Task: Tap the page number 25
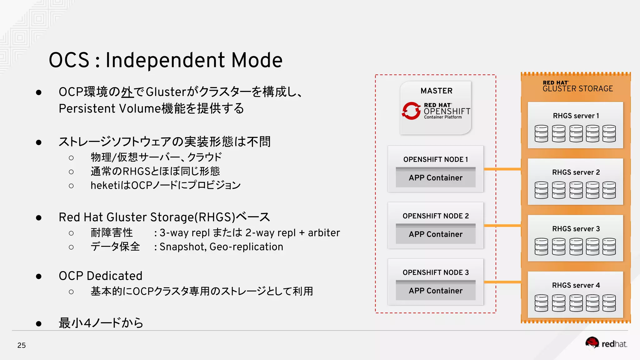(x=22, y=345)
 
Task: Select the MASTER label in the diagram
(x=436, y=91)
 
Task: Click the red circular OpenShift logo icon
(x=411, y=111)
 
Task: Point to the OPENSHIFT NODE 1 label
(x=436, y=159)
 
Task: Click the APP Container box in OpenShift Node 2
(x=436, y=234)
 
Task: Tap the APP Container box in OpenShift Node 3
(x=436, y=291)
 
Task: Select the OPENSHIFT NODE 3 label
(x=436, y=272)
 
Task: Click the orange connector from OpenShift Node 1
(x=502, y=169)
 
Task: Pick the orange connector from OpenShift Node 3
(x=502, y=282)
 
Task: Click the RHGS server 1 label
(x=576, y=116)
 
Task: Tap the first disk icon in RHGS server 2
(x=541, y=190)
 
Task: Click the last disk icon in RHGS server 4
(x=609, y=303)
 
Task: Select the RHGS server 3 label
(x=576, y=229)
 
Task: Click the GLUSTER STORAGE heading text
(x=577, y=89)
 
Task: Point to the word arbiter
(x=324, y=233)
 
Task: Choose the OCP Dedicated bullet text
(x=100, y=276)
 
